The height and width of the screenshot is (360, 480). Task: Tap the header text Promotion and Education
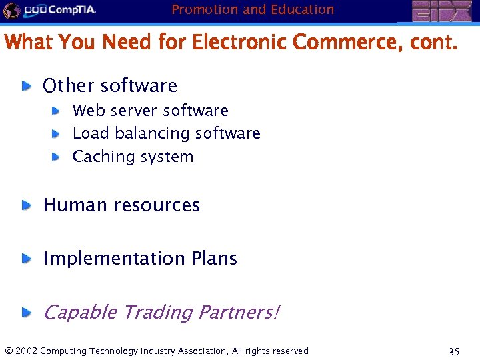click(253, 9)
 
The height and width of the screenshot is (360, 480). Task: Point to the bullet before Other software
click(25, 85)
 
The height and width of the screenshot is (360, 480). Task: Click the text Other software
click(110, 86)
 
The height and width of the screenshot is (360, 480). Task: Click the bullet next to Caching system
click(57, 157)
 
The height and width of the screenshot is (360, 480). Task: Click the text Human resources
click(121, 205)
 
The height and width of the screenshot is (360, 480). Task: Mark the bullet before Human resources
click(25, 205)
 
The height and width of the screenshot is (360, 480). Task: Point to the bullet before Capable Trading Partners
click(25, 312)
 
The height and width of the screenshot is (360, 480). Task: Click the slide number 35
click(453, 352)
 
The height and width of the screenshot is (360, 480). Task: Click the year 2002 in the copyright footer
click(26, 351)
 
